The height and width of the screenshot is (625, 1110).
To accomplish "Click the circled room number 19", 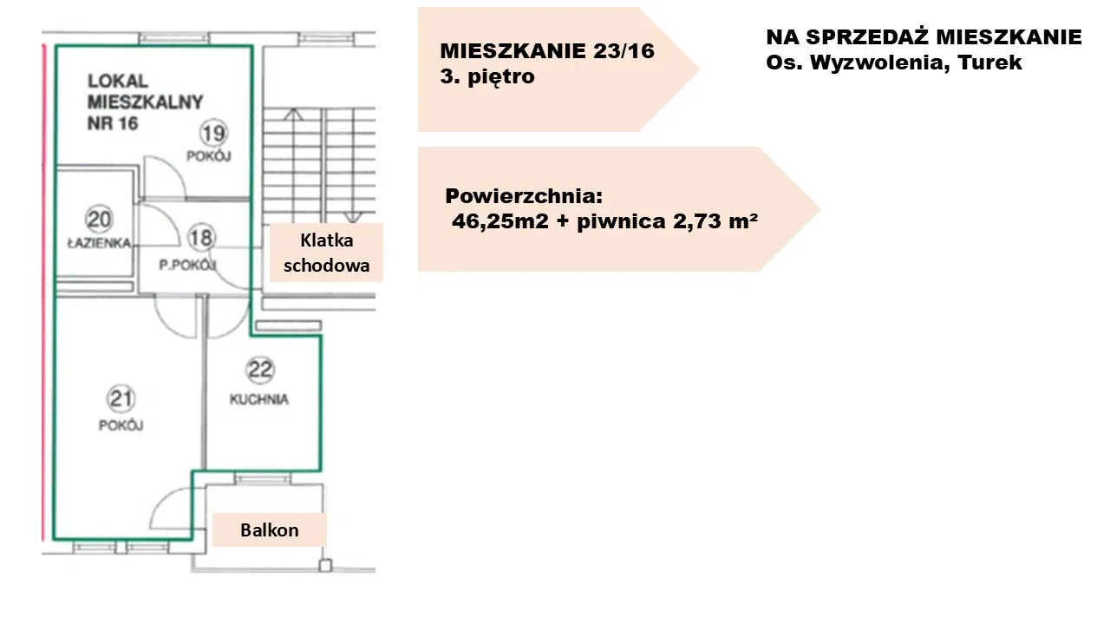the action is coord(213,133).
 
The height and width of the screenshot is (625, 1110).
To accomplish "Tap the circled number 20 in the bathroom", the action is coord(99,220).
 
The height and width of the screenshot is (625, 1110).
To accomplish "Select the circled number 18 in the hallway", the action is coord(202,238).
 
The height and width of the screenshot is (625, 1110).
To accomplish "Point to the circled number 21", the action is coord(121,398).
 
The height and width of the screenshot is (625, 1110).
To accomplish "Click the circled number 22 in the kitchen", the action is coord(260,370).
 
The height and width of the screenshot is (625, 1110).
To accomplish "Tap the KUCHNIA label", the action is coord(259,399).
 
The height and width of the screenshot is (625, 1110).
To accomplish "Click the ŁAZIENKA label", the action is coord(100,243).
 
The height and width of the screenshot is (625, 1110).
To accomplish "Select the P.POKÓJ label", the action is coord(188,266).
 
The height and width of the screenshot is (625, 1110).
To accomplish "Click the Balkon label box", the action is coord(270,530).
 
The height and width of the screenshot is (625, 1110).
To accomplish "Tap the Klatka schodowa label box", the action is coord(327,253).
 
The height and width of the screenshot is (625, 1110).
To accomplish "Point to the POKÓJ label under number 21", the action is coord(121,425).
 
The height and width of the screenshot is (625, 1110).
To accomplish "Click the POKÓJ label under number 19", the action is coord(209,156).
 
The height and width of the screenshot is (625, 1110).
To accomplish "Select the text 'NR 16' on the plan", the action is coord(113,123).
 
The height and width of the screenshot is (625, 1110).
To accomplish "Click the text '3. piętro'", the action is coord(487,77).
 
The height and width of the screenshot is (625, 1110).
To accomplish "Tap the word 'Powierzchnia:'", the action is coord(524,197).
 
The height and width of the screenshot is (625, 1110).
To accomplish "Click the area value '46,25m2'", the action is coord(500,221).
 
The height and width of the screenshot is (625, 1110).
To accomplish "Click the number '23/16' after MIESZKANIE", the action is coord(624,51).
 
